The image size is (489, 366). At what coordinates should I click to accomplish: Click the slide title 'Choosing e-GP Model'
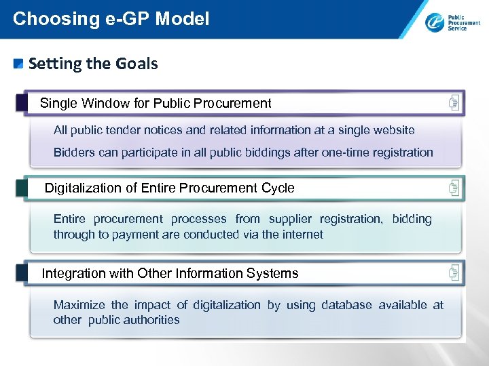[111, 18]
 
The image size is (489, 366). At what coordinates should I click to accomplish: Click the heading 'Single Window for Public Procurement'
[156, 103]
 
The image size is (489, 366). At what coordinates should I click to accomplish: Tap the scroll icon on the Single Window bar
[454, 103]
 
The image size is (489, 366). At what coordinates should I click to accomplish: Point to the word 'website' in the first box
[392, 129]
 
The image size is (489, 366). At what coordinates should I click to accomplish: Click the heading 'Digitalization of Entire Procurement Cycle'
[169, 188]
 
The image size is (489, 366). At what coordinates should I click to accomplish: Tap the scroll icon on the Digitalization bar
[454, 188]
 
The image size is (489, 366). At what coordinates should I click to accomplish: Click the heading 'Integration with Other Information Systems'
[170, 273]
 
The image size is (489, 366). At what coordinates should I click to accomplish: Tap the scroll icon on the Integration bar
[454, 273]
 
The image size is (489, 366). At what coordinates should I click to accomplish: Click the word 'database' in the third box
[346, 305]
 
